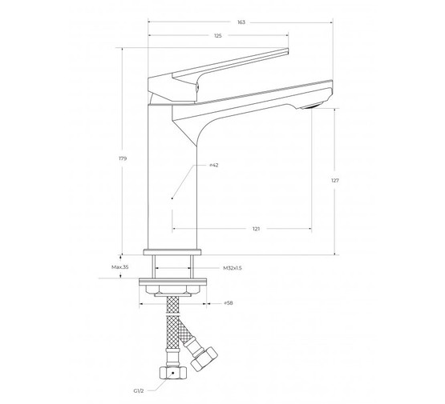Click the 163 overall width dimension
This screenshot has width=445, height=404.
[241, 22]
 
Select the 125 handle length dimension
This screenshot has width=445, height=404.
[218, 36]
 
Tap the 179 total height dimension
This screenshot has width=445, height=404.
[123, 158]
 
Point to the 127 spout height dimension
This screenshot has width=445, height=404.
[335, 180]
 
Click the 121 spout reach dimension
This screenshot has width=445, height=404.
[256, 229]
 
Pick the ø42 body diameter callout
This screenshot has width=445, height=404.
[214, 165]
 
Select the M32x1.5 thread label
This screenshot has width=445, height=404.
[233, 268]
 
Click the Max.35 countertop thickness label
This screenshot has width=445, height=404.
[119, 267]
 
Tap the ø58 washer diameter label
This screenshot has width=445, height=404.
[229, 303]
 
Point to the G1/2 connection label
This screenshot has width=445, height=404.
[139, 391]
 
